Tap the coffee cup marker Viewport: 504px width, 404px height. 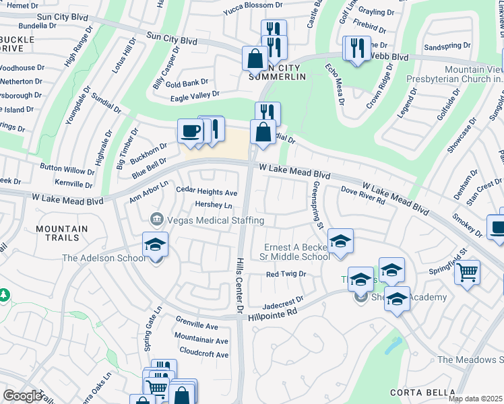point(190,130)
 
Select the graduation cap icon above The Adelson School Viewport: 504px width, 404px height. point(155,245)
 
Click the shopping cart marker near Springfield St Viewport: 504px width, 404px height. point(466,273)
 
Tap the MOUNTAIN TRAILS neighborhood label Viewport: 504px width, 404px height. point(62,234)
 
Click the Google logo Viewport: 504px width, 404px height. point(22,396)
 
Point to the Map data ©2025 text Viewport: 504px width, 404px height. point(476,399)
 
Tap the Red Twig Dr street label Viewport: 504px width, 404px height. point(286,274)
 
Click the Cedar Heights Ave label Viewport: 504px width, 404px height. point(207,192)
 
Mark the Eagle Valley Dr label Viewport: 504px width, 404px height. point(195,97)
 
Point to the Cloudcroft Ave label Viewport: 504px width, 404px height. point(204,354)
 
